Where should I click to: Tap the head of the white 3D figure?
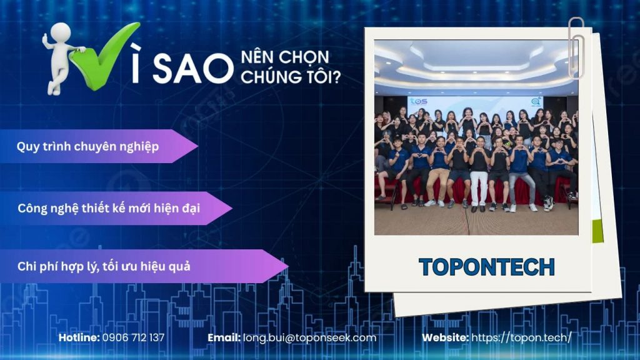click(x=61, y=32)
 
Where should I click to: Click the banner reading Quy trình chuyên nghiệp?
click(x=87, y=147)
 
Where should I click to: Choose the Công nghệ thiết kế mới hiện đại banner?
click(x=109, y=208)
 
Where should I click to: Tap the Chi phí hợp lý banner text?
click(x=104, y=266)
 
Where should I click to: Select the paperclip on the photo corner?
click(x=576, y=47)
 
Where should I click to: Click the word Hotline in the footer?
click(x=79, y=337)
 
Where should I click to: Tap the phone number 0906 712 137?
click(x=133, y=337)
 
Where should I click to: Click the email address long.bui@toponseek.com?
click(x=310, y=337)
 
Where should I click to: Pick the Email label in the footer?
click(x=224, y=337)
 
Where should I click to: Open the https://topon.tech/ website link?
click(x=521, y=337)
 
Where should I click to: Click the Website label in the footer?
click(x=445, y=337)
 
